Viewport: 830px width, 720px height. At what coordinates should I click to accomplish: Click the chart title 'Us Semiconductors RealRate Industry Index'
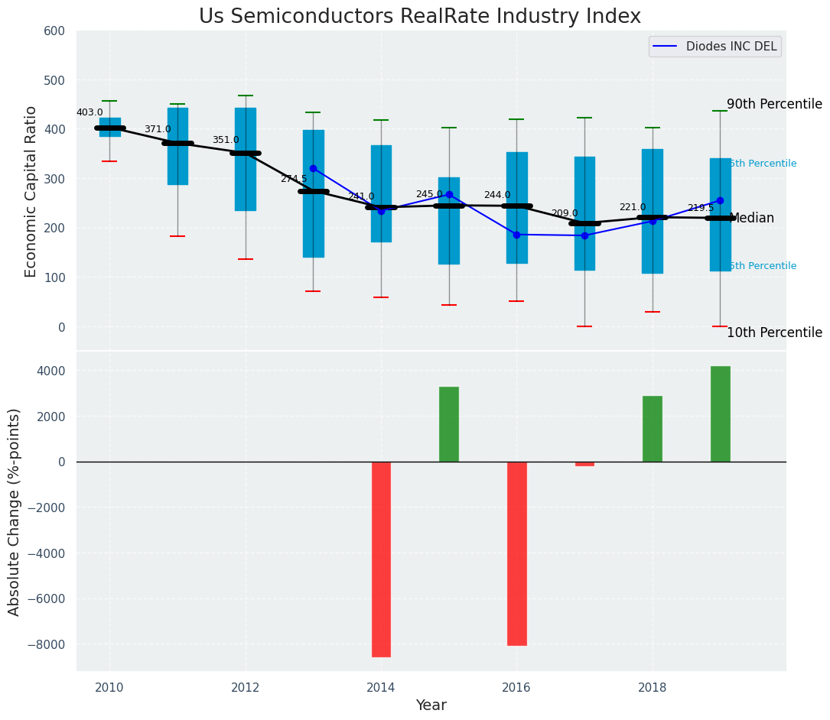[420, 17]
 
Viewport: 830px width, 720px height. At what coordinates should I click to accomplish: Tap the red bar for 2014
[381, 559]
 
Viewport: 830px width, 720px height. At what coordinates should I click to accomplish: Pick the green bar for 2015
[449, 424]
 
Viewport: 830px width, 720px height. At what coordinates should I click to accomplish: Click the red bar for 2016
[516, 553]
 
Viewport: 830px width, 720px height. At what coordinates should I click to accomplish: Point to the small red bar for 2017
[584, 464]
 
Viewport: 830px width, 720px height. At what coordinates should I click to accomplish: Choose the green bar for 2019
[720, 414]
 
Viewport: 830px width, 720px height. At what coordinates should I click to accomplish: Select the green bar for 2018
[653, 429]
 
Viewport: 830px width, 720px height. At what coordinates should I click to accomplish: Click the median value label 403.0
[90, 113]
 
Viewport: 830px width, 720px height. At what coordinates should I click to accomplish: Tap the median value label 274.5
[294, 179]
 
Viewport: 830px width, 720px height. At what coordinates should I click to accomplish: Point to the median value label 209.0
[565, 214]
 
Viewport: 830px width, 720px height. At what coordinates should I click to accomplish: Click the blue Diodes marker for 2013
[313, 168]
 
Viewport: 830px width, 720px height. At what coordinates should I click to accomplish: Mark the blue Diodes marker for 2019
[720, 201]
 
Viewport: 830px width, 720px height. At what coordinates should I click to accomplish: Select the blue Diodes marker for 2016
[516, 235]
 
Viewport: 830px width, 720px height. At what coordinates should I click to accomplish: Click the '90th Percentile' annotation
[774, 105]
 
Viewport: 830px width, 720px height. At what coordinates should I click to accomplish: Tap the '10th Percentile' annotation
[774, 333]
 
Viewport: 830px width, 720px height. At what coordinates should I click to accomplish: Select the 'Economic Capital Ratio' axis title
[31, 191]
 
